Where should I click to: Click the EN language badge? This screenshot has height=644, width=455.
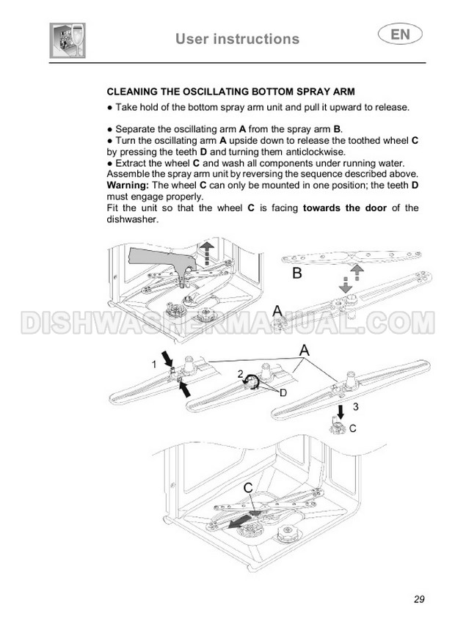tap(399, 34)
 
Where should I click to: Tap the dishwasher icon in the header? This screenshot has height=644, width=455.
tap(68, 40)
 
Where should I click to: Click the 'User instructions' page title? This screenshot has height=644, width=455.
tap(237, 39)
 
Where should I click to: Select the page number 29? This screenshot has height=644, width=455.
tap(419, 599)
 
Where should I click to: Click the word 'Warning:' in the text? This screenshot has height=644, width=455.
tap(128, 186)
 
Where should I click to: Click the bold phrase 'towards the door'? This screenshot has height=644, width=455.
tap(344, 208)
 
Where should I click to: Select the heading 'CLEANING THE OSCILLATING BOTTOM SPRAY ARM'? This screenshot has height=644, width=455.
tap(230, 92)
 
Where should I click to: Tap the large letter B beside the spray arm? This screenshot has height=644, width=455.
tap(296, 273)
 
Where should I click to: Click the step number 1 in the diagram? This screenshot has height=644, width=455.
tap(154, 365)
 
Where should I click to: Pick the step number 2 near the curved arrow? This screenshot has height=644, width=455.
tap(241, 374)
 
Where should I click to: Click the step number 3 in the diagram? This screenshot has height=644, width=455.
tap(355, 406)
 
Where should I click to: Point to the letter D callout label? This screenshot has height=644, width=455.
tap(283, 393)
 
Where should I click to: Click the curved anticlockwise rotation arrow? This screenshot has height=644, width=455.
tap(251, 382)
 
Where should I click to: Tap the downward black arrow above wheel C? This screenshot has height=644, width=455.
tap(341, 412)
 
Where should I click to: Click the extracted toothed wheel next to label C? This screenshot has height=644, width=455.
tap(338, 428)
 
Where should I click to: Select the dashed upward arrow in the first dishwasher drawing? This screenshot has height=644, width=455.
tap(207, 252)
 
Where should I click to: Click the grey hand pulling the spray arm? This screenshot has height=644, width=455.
tap(163, 261)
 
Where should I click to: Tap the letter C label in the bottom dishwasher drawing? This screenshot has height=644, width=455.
tap(248, 488)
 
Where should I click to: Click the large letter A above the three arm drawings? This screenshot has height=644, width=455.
tap(304, 351)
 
